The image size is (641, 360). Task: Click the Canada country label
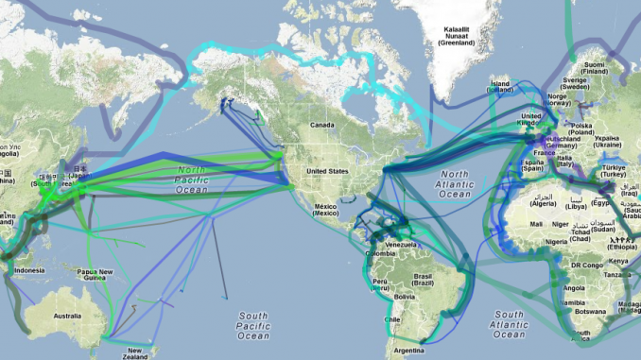pos(323,125)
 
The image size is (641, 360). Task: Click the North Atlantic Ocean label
pos(454,184)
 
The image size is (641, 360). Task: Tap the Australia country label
pos(67,316)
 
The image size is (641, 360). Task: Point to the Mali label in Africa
pos(536,224)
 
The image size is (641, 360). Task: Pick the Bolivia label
pos(405,297)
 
